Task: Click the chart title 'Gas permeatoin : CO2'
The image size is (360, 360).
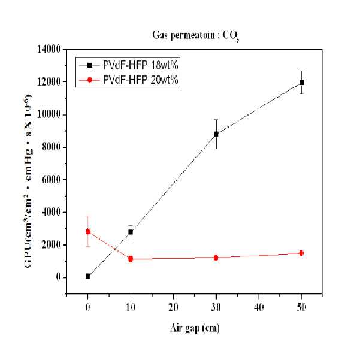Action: [196, 37]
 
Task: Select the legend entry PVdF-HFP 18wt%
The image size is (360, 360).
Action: [129, 65]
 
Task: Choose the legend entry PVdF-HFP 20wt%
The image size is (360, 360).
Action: [129, 80]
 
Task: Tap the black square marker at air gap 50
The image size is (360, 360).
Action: [301, 82]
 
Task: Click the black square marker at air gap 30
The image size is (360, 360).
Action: [216, 134]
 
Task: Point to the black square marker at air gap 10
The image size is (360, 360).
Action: [131, 232]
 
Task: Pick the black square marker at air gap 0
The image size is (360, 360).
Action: [88, 276]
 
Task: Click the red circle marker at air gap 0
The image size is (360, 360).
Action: [88, 232]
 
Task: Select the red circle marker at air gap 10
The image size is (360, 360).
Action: [131, 259]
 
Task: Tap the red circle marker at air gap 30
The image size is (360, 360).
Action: [216, 258]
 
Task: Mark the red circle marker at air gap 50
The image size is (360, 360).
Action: [301, 253]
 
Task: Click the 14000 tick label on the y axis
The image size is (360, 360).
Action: [49, 49]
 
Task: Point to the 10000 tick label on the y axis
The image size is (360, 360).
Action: [49, 114]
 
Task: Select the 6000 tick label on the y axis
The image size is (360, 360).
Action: [51, 179]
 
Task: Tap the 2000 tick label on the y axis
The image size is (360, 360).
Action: [51, 245]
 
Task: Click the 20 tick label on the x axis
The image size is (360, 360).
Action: [173, 307]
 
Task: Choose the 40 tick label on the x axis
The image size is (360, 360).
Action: [259, 307]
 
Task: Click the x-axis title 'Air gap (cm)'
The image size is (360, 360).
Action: [195, 328]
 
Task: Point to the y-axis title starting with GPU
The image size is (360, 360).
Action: [28, 181]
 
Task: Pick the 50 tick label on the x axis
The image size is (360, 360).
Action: [301, 307]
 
